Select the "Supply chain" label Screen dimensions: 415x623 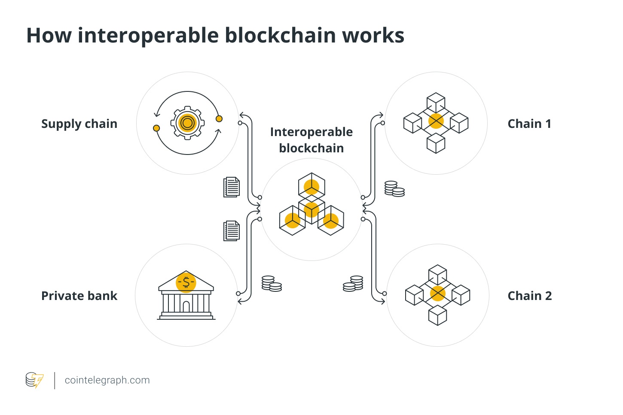pos(79,124)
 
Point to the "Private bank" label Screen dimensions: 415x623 pos(79,296)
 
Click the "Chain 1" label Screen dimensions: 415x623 pos(529,124)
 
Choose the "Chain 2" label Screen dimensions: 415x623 pos(529,296)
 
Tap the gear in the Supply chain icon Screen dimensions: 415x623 pos(187,123)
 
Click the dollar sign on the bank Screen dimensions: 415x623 pos(186,282)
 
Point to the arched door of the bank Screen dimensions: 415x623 pos(186,306)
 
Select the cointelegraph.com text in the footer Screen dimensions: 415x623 pos(107,380)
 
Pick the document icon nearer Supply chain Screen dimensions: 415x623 pos(232,187)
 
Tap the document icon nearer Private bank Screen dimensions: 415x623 pos(232,231)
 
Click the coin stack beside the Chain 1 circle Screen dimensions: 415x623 pos(394,189)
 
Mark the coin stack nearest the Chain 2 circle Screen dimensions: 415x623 pos(353,284)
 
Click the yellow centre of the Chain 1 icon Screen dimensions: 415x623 pos(436,121)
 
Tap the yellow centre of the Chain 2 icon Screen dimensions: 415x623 pos(437,294)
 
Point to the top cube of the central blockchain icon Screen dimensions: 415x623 pos(311,186)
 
